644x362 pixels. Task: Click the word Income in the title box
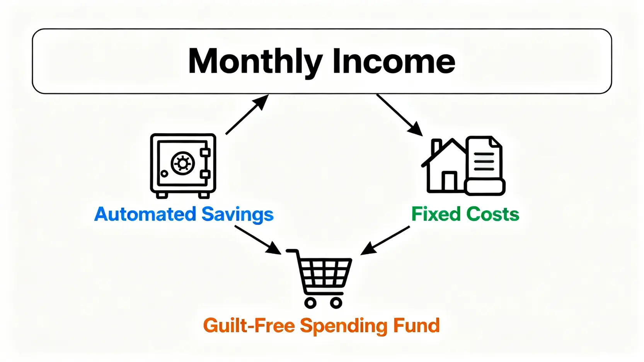pos(394,61)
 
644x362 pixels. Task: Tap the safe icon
pos(183,166)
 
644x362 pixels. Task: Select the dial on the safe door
pos(182,163)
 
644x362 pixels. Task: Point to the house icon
pos(444,165)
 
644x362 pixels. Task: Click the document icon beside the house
pos(485,165)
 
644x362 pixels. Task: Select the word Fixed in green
pos(436,214)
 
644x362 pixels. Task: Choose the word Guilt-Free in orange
pos(249,326)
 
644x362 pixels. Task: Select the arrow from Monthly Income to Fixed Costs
pos(400,115)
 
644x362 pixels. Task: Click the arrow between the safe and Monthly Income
pos(247,115)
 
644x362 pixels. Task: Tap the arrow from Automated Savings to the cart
pos(258,240)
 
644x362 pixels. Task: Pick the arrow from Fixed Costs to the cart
pos(385,240)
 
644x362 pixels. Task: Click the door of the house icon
pos(449,181)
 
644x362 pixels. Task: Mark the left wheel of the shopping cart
pos(310,303)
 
